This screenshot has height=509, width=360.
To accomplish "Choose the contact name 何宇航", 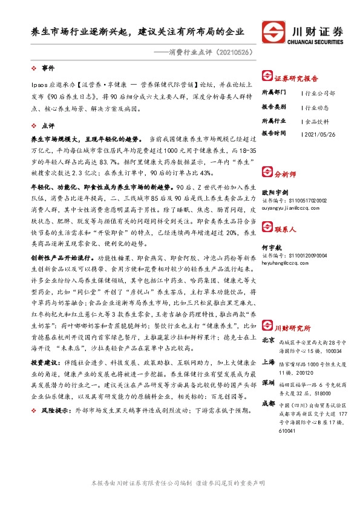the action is (270, 247).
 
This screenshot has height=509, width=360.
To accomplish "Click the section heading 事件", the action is (48, 68).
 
